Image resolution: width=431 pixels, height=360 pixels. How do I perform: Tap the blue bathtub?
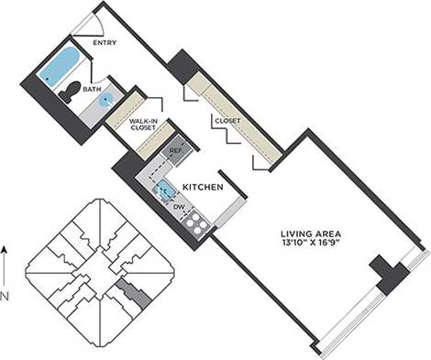pyautogui.click(x=60, y=66)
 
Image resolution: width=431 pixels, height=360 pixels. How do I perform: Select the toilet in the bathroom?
pyautogui.click(x=71, y=92)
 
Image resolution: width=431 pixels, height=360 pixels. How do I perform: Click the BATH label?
pyautogui.click(x=94, y=90)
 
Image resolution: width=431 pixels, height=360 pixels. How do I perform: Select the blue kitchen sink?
pyautogui.click(x=164, y=190)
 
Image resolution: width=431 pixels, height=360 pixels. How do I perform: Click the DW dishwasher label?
pyautogui.click(x=180, y=207)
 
